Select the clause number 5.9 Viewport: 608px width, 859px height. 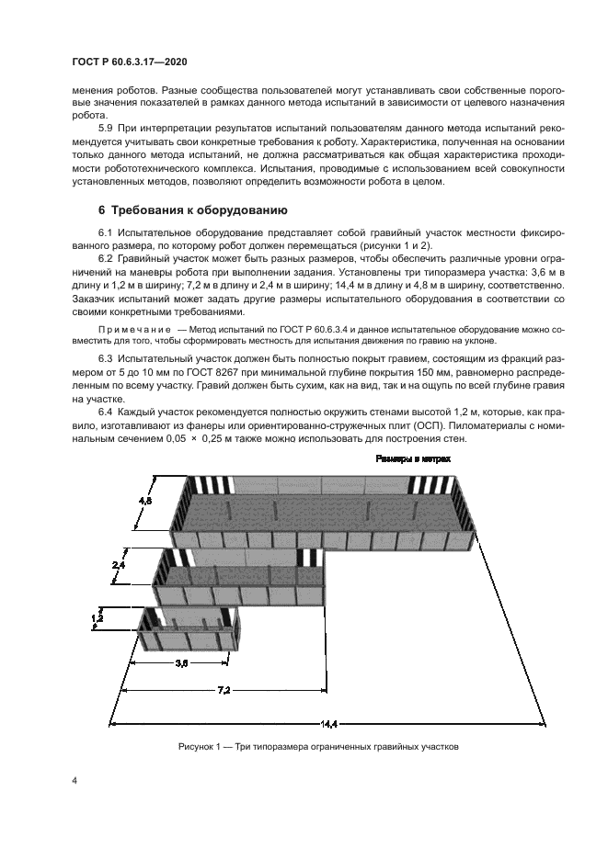pyautogui.click(x=104, y=128)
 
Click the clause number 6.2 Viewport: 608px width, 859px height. pyautogui.click(x=104, y=258)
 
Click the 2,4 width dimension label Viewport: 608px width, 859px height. pyautogui.click(x=118, y=566)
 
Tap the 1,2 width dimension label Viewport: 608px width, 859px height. pyautogui.click(x=98, y=620)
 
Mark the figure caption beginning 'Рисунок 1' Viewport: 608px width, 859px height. pyautogui.click(x=317, y=746)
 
